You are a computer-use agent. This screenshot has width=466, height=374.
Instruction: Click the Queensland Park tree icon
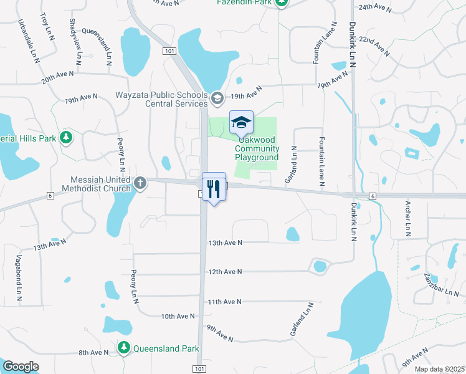click(124, 347)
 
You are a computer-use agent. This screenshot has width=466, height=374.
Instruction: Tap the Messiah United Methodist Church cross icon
click(141, 183)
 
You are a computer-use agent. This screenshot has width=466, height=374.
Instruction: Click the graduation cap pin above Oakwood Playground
click(241, 122)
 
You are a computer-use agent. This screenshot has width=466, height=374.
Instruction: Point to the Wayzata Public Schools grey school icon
click(217, 97)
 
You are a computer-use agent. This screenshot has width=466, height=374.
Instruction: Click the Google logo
click(21, 367)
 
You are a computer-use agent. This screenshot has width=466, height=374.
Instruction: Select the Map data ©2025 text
click(439, 369)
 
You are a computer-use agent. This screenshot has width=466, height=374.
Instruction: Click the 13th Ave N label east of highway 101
click(225, 242)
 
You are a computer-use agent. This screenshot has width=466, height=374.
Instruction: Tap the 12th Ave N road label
click(225, 272)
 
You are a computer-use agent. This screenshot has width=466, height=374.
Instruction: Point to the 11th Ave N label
click(224, 302)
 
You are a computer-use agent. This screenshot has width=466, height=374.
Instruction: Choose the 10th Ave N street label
click(178, 317)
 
